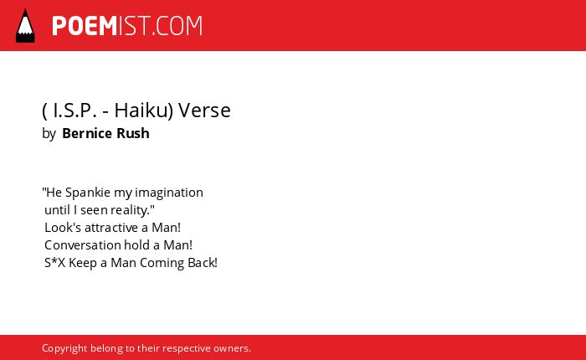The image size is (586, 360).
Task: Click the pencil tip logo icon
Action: tap(25, 25)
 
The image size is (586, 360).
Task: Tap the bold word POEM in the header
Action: tap(85, 26)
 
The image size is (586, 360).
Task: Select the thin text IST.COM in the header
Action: tap(161, 26)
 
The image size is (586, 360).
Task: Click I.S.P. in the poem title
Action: tap(75, 111)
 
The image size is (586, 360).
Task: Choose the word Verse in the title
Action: tap(204, 111)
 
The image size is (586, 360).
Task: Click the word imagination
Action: tap(169, 193)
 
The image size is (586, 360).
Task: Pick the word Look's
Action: tap(60, 228)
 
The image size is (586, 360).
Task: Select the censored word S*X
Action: tap(55, 263)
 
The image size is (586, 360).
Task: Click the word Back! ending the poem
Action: tap(203, 263)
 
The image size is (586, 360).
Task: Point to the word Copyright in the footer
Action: tap(64, 349)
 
